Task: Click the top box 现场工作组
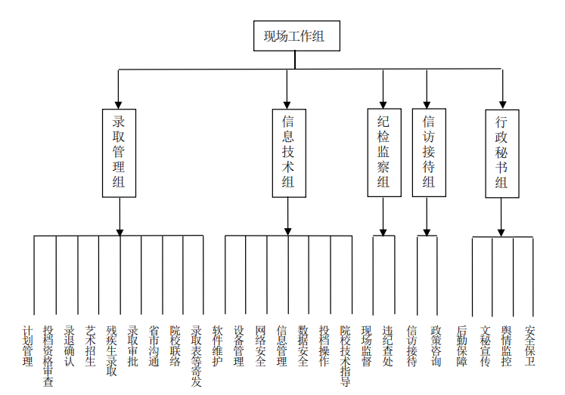(296, 35)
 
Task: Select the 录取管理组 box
(119, 153)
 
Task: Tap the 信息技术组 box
(289, 153)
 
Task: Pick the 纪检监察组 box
(384, 153)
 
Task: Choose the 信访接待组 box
(429, 153)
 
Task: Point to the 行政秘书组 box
(502, 153)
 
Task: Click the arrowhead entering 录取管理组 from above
(118, 105)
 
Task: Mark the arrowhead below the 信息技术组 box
(287, 232)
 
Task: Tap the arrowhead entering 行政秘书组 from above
(503, 106)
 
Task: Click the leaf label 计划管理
(28, 346)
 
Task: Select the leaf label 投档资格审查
(48, 356)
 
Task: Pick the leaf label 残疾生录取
(112, 351)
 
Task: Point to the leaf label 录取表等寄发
(197, 356)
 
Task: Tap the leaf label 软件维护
(218, 346)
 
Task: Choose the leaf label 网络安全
(260, 346)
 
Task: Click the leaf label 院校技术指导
(345, 356)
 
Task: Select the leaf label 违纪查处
(388, 346)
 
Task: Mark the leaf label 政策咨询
(436, 346)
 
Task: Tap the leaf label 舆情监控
(506, 346)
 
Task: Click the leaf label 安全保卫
(529, 346)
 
